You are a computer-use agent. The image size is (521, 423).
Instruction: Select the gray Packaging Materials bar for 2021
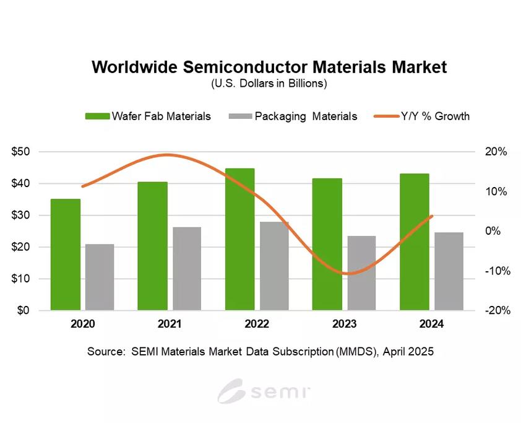187,268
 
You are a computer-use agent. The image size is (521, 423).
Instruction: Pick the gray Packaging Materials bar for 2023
361,273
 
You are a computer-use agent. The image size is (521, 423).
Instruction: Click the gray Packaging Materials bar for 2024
449,271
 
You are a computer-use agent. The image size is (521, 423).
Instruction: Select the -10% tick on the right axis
495,271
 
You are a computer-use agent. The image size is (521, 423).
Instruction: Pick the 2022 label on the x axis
257,324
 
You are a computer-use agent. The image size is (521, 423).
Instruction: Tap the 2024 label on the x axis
431,324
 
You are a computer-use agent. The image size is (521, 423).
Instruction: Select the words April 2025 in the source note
408,351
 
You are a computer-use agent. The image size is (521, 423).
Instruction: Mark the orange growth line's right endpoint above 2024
432,216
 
